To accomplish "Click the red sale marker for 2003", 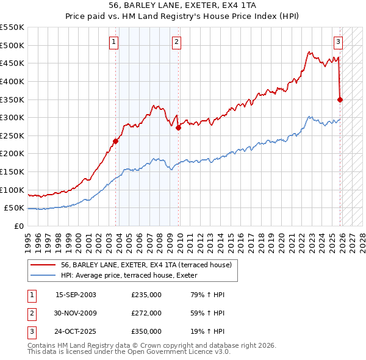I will pos(115,141).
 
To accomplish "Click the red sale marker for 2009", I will pos(178,128).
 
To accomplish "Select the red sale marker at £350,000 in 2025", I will pos(340,99).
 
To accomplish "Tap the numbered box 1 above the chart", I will pos(113,42).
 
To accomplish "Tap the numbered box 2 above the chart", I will pos(176,42).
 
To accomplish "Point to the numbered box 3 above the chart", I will pos(338,42).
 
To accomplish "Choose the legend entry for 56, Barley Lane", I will pos(146,265).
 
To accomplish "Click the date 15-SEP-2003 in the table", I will pos(76,295).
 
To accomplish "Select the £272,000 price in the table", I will pos(146,313).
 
